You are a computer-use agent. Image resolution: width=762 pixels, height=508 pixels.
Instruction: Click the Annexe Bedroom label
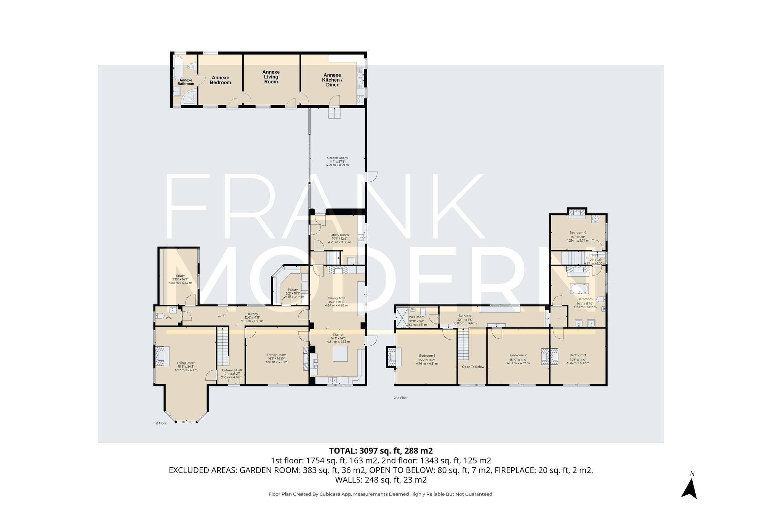pos(220,80)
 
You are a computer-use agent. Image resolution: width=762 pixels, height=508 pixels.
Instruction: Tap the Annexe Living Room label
pos(271,77)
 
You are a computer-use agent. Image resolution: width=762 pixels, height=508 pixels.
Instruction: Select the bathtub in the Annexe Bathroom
pos(178,68)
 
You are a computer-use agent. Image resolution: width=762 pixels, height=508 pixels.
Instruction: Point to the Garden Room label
pos(337,158)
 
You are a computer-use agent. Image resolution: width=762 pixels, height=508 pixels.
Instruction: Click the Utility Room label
pos(339,235)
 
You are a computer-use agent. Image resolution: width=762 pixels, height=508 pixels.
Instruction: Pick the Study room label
pos(180,276)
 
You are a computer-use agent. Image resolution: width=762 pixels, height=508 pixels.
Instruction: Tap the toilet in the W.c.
pos(160,316)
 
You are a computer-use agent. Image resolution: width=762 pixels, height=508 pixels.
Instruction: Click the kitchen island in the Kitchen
pos(340,353)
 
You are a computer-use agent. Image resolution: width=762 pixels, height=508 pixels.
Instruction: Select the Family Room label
pos(276,355)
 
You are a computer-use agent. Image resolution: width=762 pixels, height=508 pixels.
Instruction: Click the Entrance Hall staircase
pos(223,347)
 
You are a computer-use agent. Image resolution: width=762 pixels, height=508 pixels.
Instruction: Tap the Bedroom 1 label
pos(427,356)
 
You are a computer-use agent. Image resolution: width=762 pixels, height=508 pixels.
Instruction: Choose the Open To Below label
pos(473,367)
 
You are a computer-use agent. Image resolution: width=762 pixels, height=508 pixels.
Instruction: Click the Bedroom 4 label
pos(578,232)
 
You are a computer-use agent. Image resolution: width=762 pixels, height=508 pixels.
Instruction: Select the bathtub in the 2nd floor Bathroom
pos(579,288)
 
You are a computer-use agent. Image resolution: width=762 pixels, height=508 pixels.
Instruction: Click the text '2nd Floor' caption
pos(400,398)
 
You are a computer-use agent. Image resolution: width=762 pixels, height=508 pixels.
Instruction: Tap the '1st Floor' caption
pos(160,423)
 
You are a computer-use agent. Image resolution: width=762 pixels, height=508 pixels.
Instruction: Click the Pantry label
pos(293,290)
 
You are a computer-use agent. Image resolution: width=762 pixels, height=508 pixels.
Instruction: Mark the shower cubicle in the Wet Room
pos(402,317)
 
